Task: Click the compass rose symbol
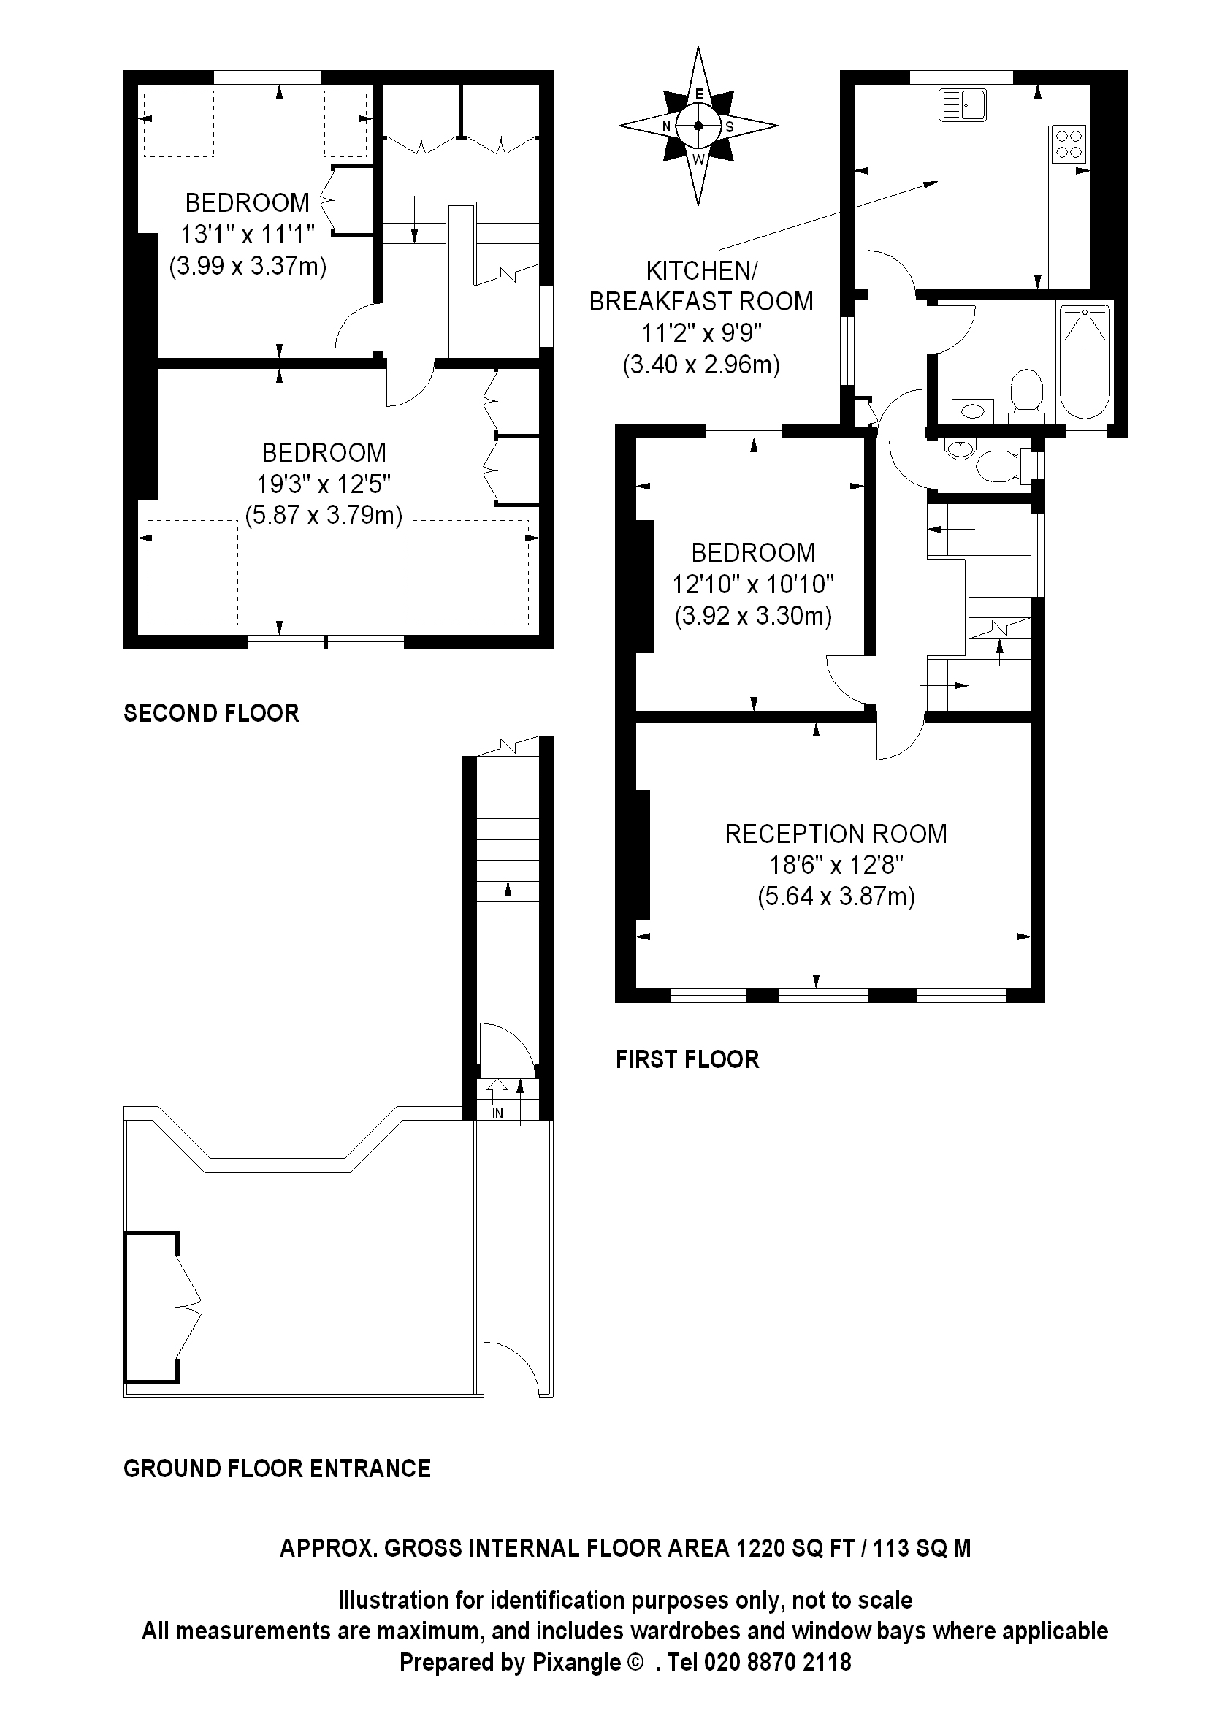pyautogui.click(x=698, y=126)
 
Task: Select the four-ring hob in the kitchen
pyautogui.click(x=1068, y=144)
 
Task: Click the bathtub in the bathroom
pyautogui.click(x=1085, y=361)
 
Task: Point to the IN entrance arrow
pyautogui.click(x=497, y=1096)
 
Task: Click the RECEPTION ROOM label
pyautogui.click(x=836, y=834)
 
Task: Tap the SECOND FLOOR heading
pyautogui.click(x=211, y=713)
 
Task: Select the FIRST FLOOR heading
pyautogui.click(x=687, y=1059)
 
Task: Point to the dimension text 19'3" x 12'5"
pyautogui.click(x=324, y=484)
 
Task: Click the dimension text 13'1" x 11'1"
pyautogui.click(x=247, y=234)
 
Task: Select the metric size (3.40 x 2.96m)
pyautogui.click(x=700, y=365)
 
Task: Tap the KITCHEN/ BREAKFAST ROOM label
pyautogui.click(x=700, y=286)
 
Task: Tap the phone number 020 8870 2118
pyautogui.click(x=778, y=1662)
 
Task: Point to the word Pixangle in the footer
pyautogui.click(x=577, y=1662)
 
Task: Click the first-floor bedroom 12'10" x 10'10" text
pyautogui.click(x=753, y=584)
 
